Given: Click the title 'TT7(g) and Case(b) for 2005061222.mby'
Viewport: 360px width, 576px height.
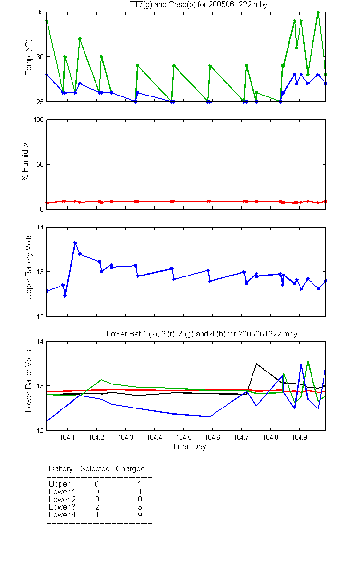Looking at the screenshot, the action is pos(199,5).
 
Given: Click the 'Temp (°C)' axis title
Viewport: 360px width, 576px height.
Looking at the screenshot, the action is pos(28,57).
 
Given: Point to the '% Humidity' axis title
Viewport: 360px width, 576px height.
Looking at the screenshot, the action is pos(25,161).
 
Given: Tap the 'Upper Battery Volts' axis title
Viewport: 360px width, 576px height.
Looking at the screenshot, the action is pos(28,266).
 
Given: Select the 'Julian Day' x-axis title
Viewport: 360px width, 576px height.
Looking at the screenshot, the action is pos(189,447).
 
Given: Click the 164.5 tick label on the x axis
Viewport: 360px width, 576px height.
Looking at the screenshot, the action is pos(183,437).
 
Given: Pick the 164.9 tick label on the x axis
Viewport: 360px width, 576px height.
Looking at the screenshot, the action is pos(300,437).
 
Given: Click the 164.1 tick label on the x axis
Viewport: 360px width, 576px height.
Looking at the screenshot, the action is pos(67,437).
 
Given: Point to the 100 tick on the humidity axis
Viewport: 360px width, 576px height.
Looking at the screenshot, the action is pos(38,120).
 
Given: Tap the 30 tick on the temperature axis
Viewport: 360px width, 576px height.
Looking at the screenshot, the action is pos(40,57).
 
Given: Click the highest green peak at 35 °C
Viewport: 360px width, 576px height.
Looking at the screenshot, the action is pos(318,12).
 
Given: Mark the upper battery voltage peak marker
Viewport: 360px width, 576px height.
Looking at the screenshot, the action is pos(75,243).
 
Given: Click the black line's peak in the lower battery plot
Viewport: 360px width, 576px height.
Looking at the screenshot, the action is pos(256,364).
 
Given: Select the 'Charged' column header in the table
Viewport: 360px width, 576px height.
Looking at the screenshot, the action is pos(130,468).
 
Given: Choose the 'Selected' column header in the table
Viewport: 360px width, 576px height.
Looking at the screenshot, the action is pos(95,468).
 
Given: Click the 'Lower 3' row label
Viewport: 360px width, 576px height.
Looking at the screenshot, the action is pos(62,507).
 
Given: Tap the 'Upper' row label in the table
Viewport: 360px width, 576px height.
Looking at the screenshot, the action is pos(59,484).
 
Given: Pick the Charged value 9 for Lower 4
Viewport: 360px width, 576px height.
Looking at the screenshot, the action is pos(140,515).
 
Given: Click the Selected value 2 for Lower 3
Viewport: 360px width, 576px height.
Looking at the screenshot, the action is pos(97,507).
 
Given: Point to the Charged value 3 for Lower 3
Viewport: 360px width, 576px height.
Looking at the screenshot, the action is pos(140,507).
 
